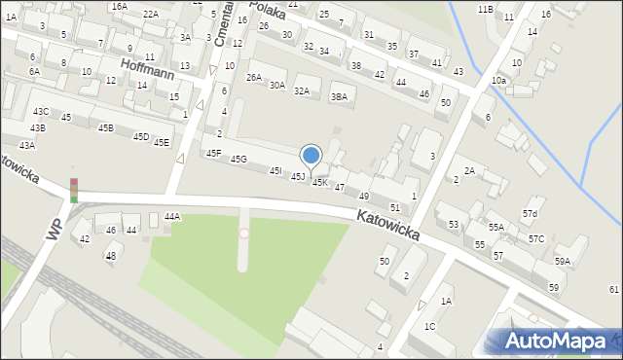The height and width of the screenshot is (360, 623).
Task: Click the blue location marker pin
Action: click(311, 156)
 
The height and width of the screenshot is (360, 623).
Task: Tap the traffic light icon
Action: click(73, 190)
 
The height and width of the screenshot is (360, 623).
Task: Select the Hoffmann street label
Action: click(146, 64)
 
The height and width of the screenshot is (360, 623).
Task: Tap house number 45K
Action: click(319, 182)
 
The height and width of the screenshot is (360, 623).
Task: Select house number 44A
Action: click(172, 217)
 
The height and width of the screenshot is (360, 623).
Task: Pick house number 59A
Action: click(563, 262)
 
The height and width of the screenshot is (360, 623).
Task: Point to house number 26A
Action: click(254, 77)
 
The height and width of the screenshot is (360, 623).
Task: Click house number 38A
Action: click(339, 96)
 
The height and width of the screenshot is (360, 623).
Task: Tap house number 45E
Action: click(161, 142)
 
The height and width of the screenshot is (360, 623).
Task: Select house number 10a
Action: click(498, 80)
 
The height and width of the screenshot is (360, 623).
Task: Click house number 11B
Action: click(485, 9)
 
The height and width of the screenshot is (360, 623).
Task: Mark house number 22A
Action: click(150, 14)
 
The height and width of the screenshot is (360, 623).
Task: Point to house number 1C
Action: click(429, 326)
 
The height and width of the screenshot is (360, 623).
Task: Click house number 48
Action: click(111, 256)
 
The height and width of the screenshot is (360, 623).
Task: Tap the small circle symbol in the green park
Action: click(243, 234)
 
